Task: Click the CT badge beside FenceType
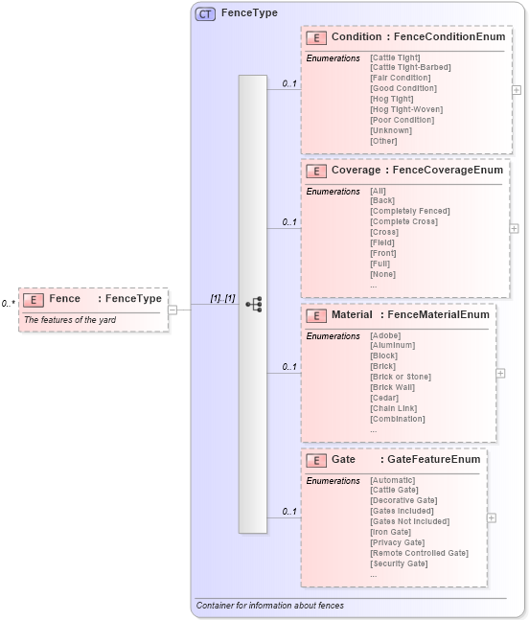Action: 205,13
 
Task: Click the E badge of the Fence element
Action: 34,299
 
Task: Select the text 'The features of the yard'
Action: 70,319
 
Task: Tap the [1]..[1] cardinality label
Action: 222,298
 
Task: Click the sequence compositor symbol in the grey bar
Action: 253,304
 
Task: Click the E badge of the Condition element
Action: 316,37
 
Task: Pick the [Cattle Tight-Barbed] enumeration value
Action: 410,67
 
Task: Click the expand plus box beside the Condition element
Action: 517,90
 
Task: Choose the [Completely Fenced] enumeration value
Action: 409,211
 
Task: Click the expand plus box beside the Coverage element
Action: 515,229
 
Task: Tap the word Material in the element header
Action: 352,314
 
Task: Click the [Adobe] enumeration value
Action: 385,335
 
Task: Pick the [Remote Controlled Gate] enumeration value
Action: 419,553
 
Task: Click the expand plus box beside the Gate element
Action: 492,517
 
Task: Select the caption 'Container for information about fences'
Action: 269,606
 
